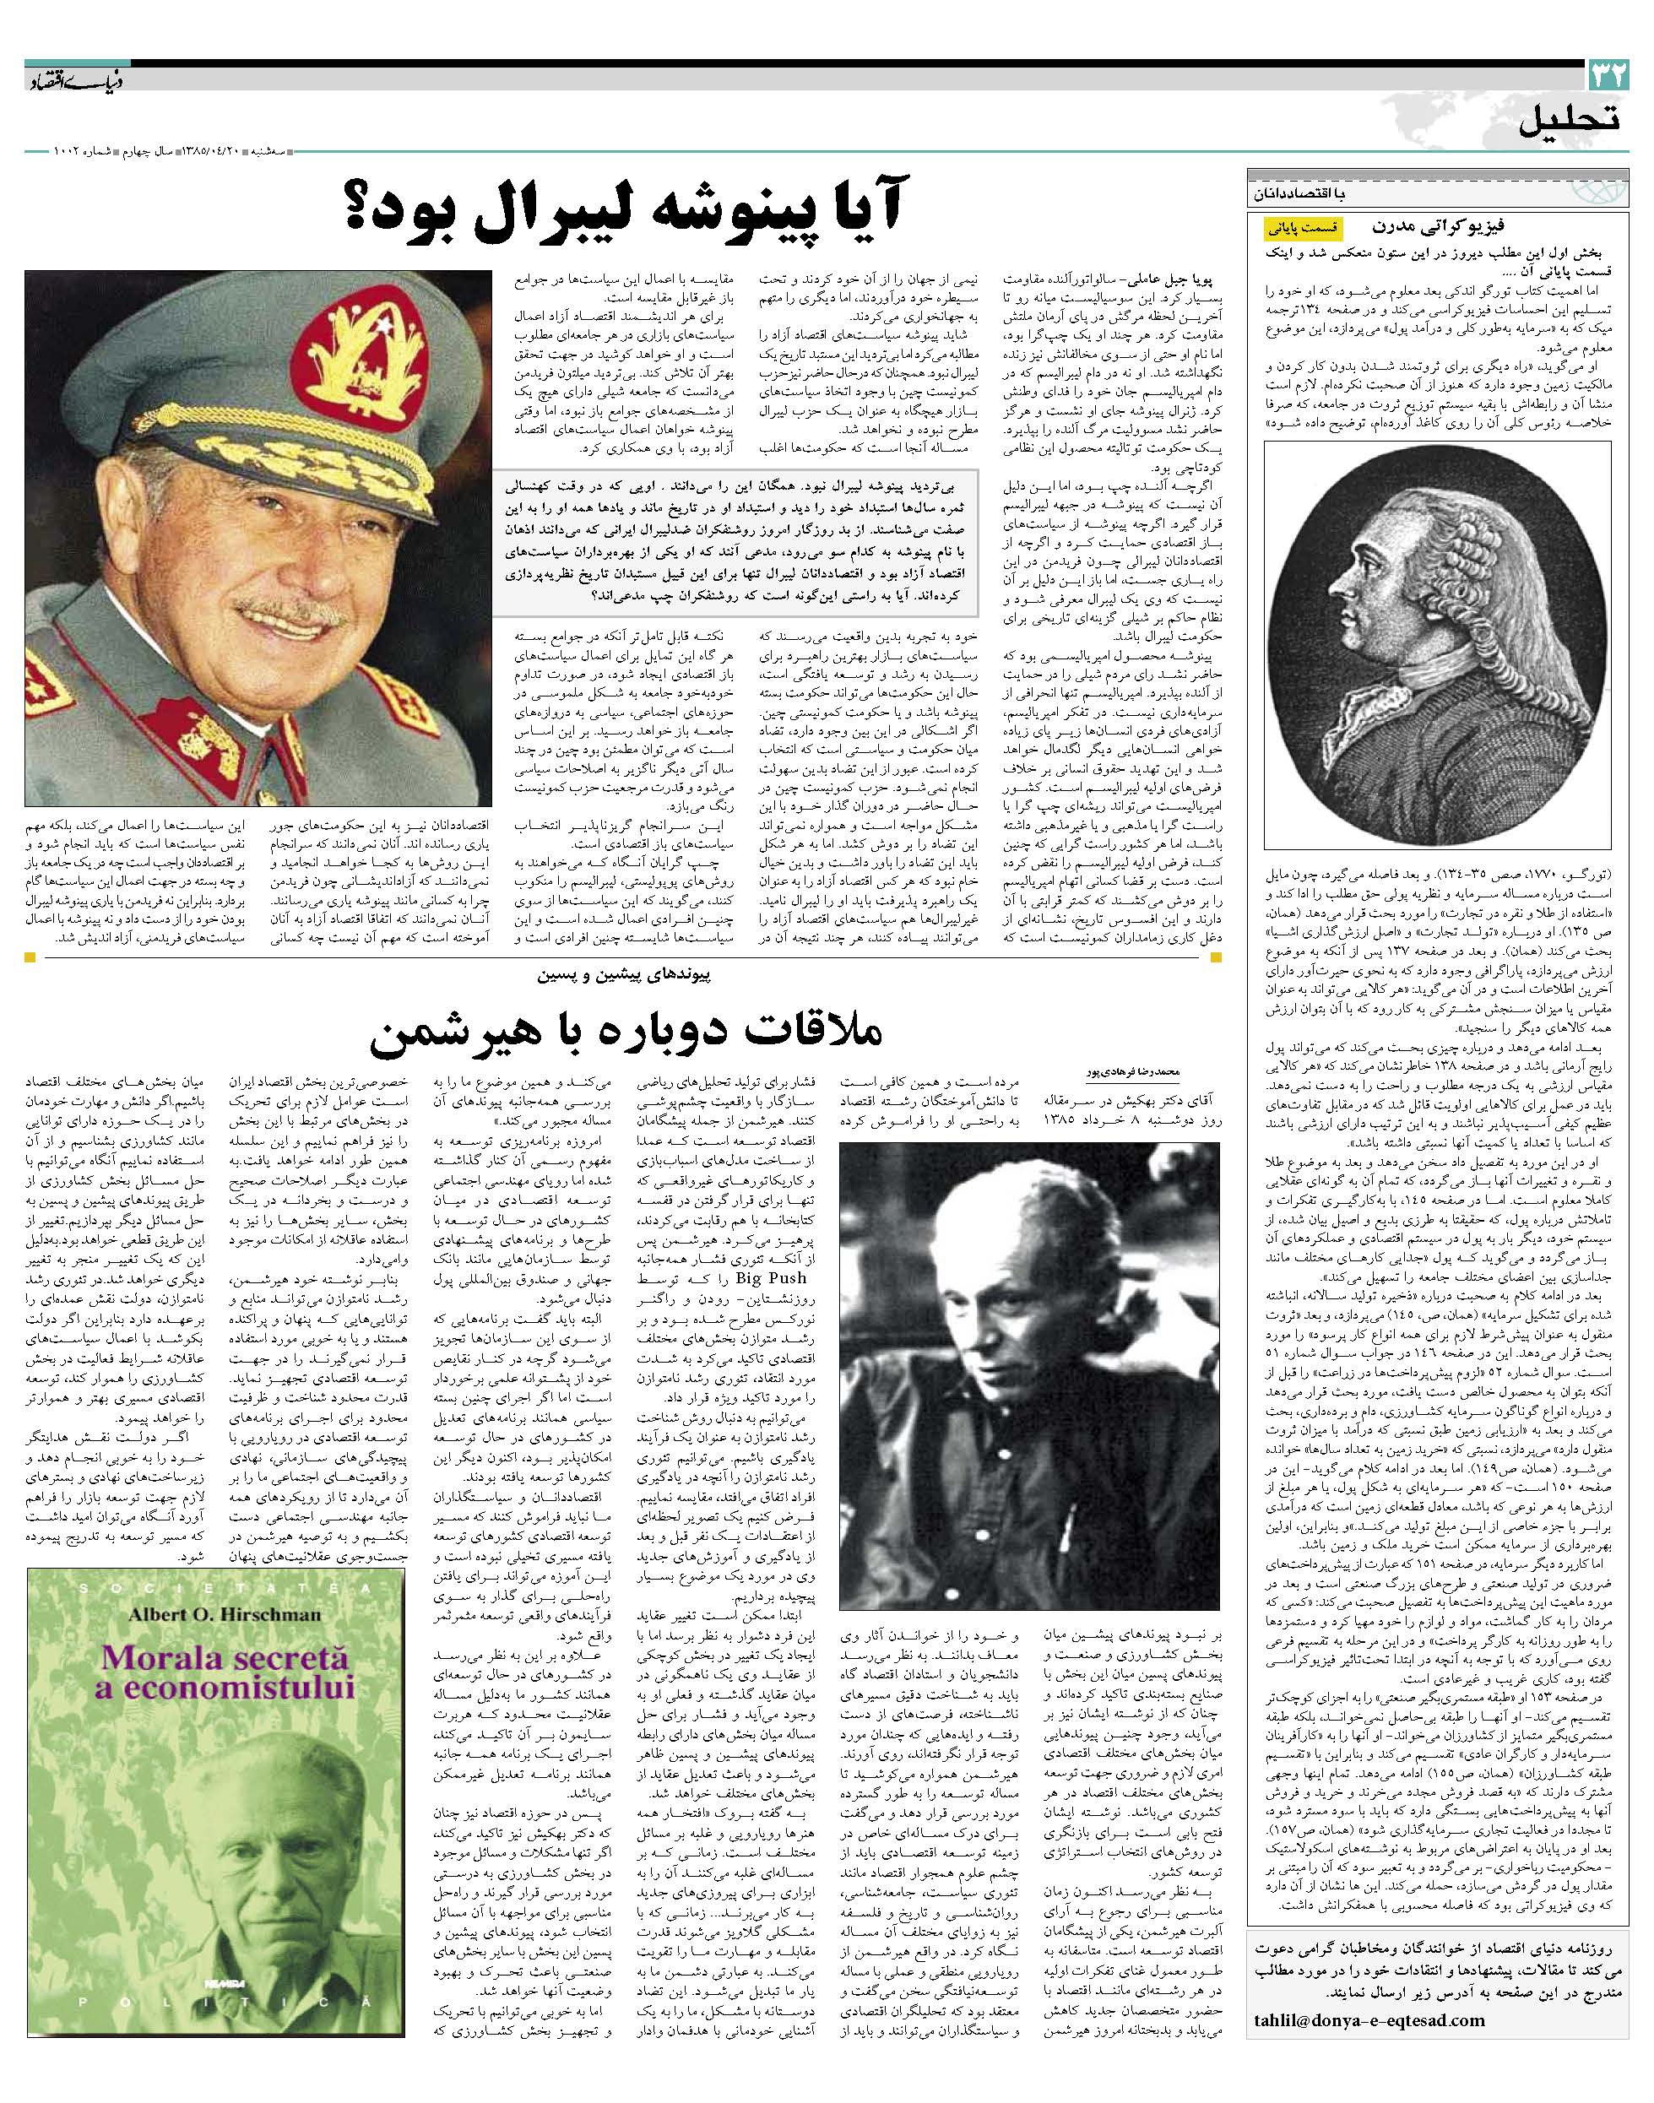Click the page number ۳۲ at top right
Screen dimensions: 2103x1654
[x=1608, y=73]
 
